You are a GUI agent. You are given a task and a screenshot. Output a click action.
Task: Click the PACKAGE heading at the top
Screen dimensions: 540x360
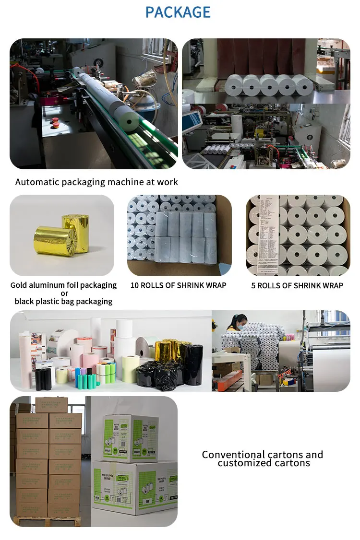178,12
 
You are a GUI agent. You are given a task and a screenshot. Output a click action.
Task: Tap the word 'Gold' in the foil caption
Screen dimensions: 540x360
19,285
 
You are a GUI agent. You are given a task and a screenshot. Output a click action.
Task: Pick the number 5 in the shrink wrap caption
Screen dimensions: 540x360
254,285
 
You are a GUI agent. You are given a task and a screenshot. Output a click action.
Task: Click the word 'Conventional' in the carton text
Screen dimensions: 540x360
233,455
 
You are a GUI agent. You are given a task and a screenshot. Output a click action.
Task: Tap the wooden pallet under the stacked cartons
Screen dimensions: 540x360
46,521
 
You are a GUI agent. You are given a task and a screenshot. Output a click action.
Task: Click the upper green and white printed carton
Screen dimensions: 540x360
131,438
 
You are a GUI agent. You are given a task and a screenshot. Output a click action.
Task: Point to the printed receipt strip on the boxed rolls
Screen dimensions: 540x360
267,235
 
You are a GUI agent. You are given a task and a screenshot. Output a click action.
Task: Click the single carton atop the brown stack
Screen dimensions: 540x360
51,404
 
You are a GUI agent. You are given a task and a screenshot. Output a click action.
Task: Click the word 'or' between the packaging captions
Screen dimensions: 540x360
64,293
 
